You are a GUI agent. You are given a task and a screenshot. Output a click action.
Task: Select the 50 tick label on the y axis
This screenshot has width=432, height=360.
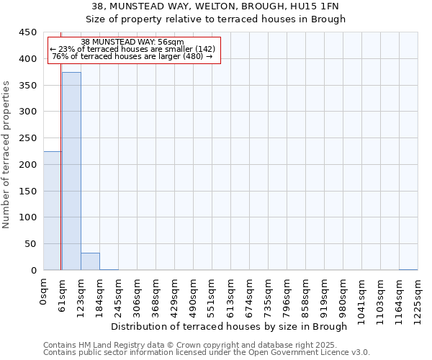click(31, 244)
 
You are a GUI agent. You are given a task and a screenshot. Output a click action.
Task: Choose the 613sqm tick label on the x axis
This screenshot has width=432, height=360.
click(231, 294)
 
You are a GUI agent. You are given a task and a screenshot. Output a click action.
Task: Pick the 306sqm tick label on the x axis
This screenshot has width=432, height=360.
click(138, 294)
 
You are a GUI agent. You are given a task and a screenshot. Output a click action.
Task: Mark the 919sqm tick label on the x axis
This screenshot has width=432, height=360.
click(325, 294)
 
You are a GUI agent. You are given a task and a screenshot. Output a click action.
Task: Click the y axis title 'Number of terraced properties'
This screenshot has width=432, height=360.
click(6, 154)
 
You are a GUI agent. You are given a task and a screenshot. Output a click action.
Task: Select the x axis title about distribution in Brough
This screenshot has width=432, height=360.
click(230, 326)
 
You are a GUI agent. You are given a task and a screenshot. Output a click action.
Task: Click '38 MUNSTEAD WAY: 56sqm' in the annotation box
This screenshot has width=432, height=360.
click(132, 42)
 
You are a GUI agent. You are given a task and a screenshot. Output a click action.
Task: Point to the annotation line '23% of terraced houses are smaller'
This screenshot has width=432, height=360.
click(132, 49)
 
